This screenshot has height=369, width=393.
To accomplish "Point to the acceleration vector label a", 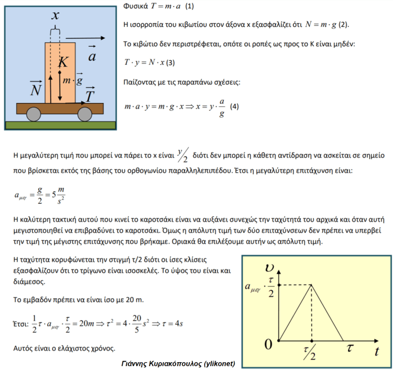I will [92, 55].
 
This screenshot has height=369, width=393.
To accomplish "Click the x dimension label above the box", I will [55, 16].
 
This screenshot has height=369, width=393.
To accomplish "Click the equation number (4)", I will [234, 106].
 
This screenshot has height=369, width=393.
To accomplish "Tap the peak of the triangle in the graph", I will [311, 285].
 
